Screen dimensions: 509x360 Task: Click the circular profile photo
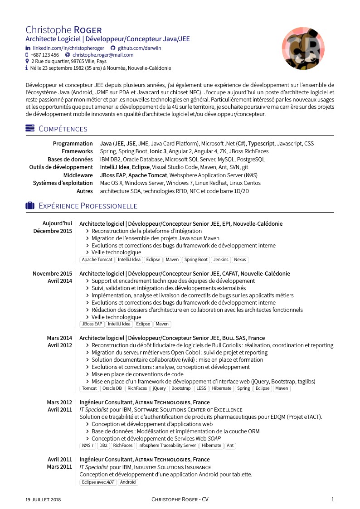(303, 48)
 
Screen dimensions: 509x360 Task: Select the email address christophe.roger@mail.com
(103, 55)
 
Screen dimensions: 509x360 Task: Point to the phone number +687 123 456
(44, 55)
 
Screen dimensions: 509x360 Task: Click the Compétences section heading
(63, 129)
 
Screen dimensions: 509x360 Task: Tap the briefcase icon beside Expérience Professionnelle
(30, 206)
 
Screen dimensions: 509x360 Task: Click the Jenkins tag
(221, 260)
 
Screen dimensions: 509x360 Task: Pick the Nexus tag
(240, 260)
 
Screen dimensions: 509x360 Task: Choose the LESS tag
(201, 388)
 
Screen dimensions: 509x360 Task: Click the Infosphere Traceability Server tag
(167, 446)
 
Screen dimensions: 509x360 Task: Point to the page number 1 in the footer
(333, 499)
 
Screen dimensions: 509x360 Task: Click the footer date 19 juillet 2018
(43, 499)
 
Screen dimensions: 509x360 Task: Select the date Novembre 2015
(52, 274)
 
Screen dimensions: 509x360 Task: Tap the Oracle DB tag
(112, 388)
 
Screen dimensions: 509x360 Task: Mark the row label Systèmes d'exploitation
(63, 183)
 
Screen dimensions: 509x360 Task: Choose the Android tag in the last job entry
(128, 482)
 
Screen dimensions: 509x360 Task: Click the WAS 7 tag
(88, 446)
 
